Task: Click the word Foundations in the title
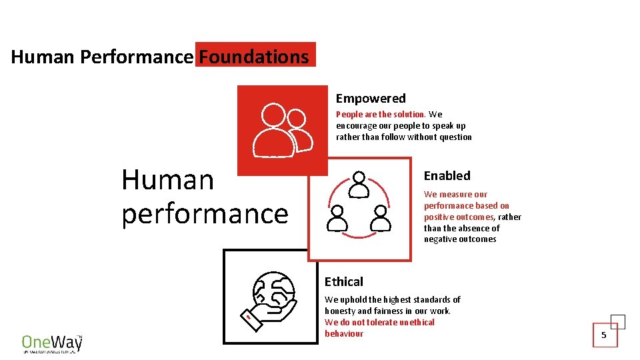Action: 254,57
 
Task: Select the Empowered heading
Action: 371,99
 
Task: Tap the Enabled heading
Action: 447,176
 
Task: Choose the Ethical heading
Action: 344,282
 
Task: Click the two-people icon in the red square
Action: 283,130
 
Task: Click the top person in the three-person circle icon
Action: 359,184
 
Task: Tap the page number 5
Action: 604,335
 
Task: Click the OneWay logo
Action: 52,343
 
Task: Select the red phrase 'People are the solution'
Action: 380,115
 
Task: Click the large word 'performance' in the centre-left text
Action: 205,214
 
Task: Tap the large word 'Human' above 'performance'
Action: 167,180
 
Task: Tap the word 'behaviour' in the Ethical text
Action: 344,334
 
